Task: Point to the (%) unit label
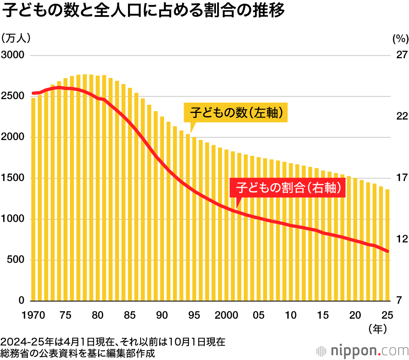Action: [400, 39]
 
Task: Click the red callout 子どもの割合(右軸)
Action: [288, 188]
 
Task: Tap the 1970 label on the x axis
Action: [33, 315]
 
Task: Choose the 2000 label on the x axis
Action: [227, 315]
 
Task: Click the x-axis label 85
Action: [130, 315]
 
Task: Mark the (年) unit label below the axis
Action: [378, 328]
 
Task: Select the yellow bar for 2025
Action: [387, 245]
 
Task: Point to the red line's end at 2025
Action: [387, 251]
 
